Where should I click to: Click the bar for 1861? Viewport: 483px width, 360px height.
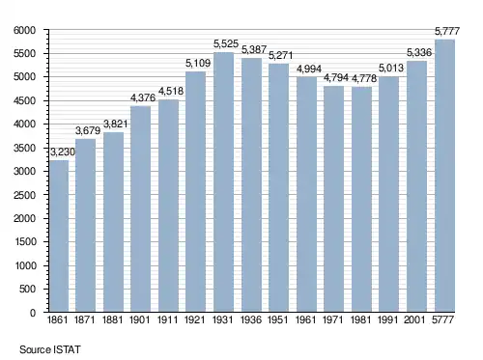[59, 236]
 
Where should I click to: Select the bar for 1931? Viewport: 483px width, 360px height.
[223, 182]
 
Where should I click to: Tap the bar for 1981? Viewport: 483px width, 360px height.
[361, 200]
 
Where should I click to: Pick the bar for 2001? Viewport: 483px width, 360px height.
[416, 186]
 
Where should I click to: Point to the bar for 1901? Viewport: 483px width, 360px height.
[140, 209]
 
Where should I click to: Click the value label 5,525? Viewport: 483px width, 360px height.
[226, 43]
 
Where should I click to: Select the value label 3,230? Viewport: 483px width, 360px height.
[63, 152]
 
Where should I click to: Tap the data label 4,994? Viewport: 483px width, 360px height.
[309, 69]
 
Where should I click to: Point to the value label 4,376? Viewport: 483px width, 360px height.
[143, 97]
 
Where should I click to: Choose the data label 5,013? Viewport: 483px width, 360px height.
[391, 68]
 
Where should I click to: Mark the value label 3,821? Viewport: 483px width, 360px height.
[116, 124]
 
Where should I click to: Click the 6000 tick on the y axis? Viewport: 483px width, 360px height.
[24, 30]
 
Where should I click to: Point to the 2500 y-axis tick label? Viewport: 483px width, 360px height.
[24, 195]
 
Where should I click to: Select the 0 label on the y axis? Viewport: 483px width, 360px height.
[33, 313]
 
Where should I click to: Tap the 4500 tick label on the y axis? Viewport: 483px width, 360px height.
[24, 100]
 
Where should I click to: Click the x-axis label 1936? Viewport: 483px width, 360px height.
[251, 319]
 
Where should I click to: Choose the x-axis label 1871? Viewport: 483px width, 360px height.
[85, 319]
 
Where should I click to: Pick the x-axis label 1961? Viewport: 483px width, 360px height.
[306, 319]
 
